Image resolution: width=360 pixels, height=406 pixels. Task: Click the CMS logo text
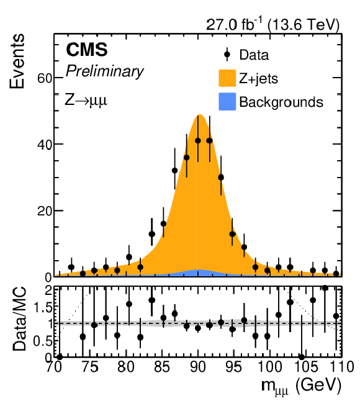tap(87, 50)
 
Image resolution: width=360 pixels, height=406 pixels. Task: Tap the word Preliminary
tap(104, 71)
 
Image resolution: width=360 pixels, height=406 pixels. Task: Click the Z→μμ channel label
tap(86, 100)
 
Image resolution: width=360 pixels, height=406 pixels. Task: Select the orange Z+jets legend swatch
tap(227, 78)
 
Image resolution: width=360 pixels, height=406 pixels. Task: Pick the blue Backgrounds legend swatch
tap(227, 102)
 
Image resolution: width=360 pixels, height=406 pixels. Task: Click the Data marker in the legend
tap(227, 55)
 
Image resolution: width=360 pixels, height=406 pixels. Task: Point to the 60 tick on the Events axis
tap(45, 78)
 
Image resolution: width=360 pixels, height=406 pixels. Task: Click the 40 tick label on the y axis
tap(45, 145)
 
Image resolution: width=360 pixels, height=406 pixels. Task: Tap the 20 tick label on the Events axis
tap(45, 211)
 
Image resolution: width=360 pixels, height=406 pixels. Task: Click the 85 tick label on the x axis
tap(162, 367)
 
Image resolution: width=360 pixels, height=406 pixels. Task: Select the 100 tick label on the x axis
tap(270, 367)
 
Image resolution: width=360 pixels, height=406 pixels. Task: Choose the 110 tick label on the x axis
tap(341, 367)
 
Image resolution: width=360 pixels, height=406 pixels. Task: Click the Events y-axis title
tap(17, 61)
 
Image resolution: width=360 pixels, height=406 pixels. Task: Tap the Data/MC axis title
tap(19, 318)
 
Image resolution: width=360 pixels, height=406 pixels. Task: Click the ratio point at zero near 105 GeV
tap(302, 358)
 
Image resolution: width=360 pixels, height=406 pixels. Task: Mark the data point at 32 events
tap(174, 170)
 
